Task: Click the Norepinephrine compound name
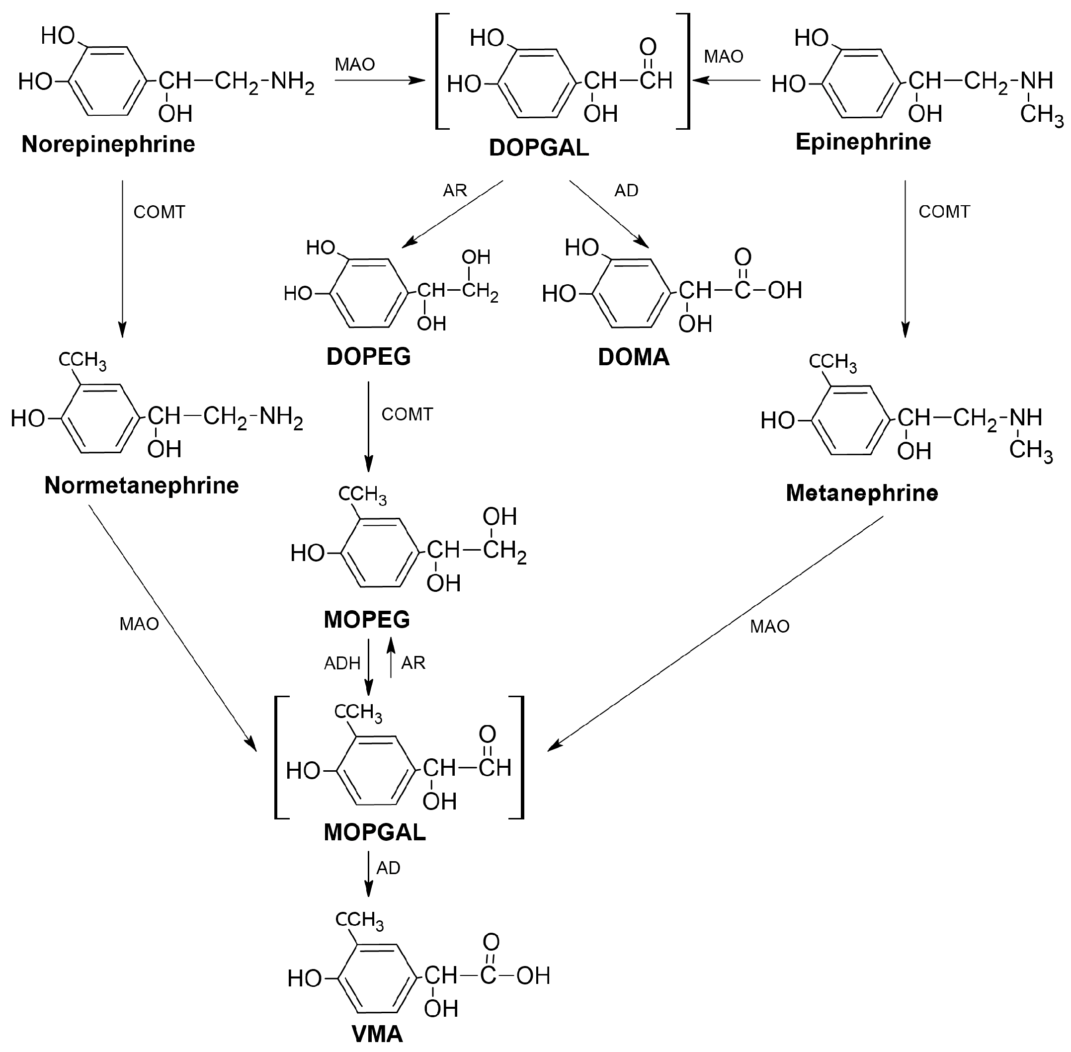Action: pyautogui.click(x=108, y=145)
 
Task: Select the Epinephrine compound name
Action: pyautogui.click(x=863, y=143)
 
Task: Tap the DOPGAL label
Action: pyautogui.click(x=539, y=148)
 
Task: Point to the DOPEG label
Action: pyautogui.click(x=369, y=357)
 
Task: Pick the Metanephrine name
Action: pyautogui.click(x=862, y=493)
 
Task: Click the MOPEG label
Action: pyautogui.click(x=366, y=620)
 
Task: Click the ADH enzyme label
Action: pyautogui.click(x=342, y=663)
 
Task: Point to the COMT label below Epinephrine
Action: pyautogui.click(x=944, y=212)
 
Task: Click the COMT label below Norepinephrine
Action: pyautogui.click(x=159, y=212)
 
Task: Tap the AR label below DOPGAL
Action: pyautogui.click(x=455, y=191)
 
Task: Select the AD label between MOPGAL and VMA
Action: pyautogui.click(x=388, y=869)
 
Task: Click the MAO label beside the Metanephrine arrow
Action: pyautogui.click(x=769, y=627)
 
